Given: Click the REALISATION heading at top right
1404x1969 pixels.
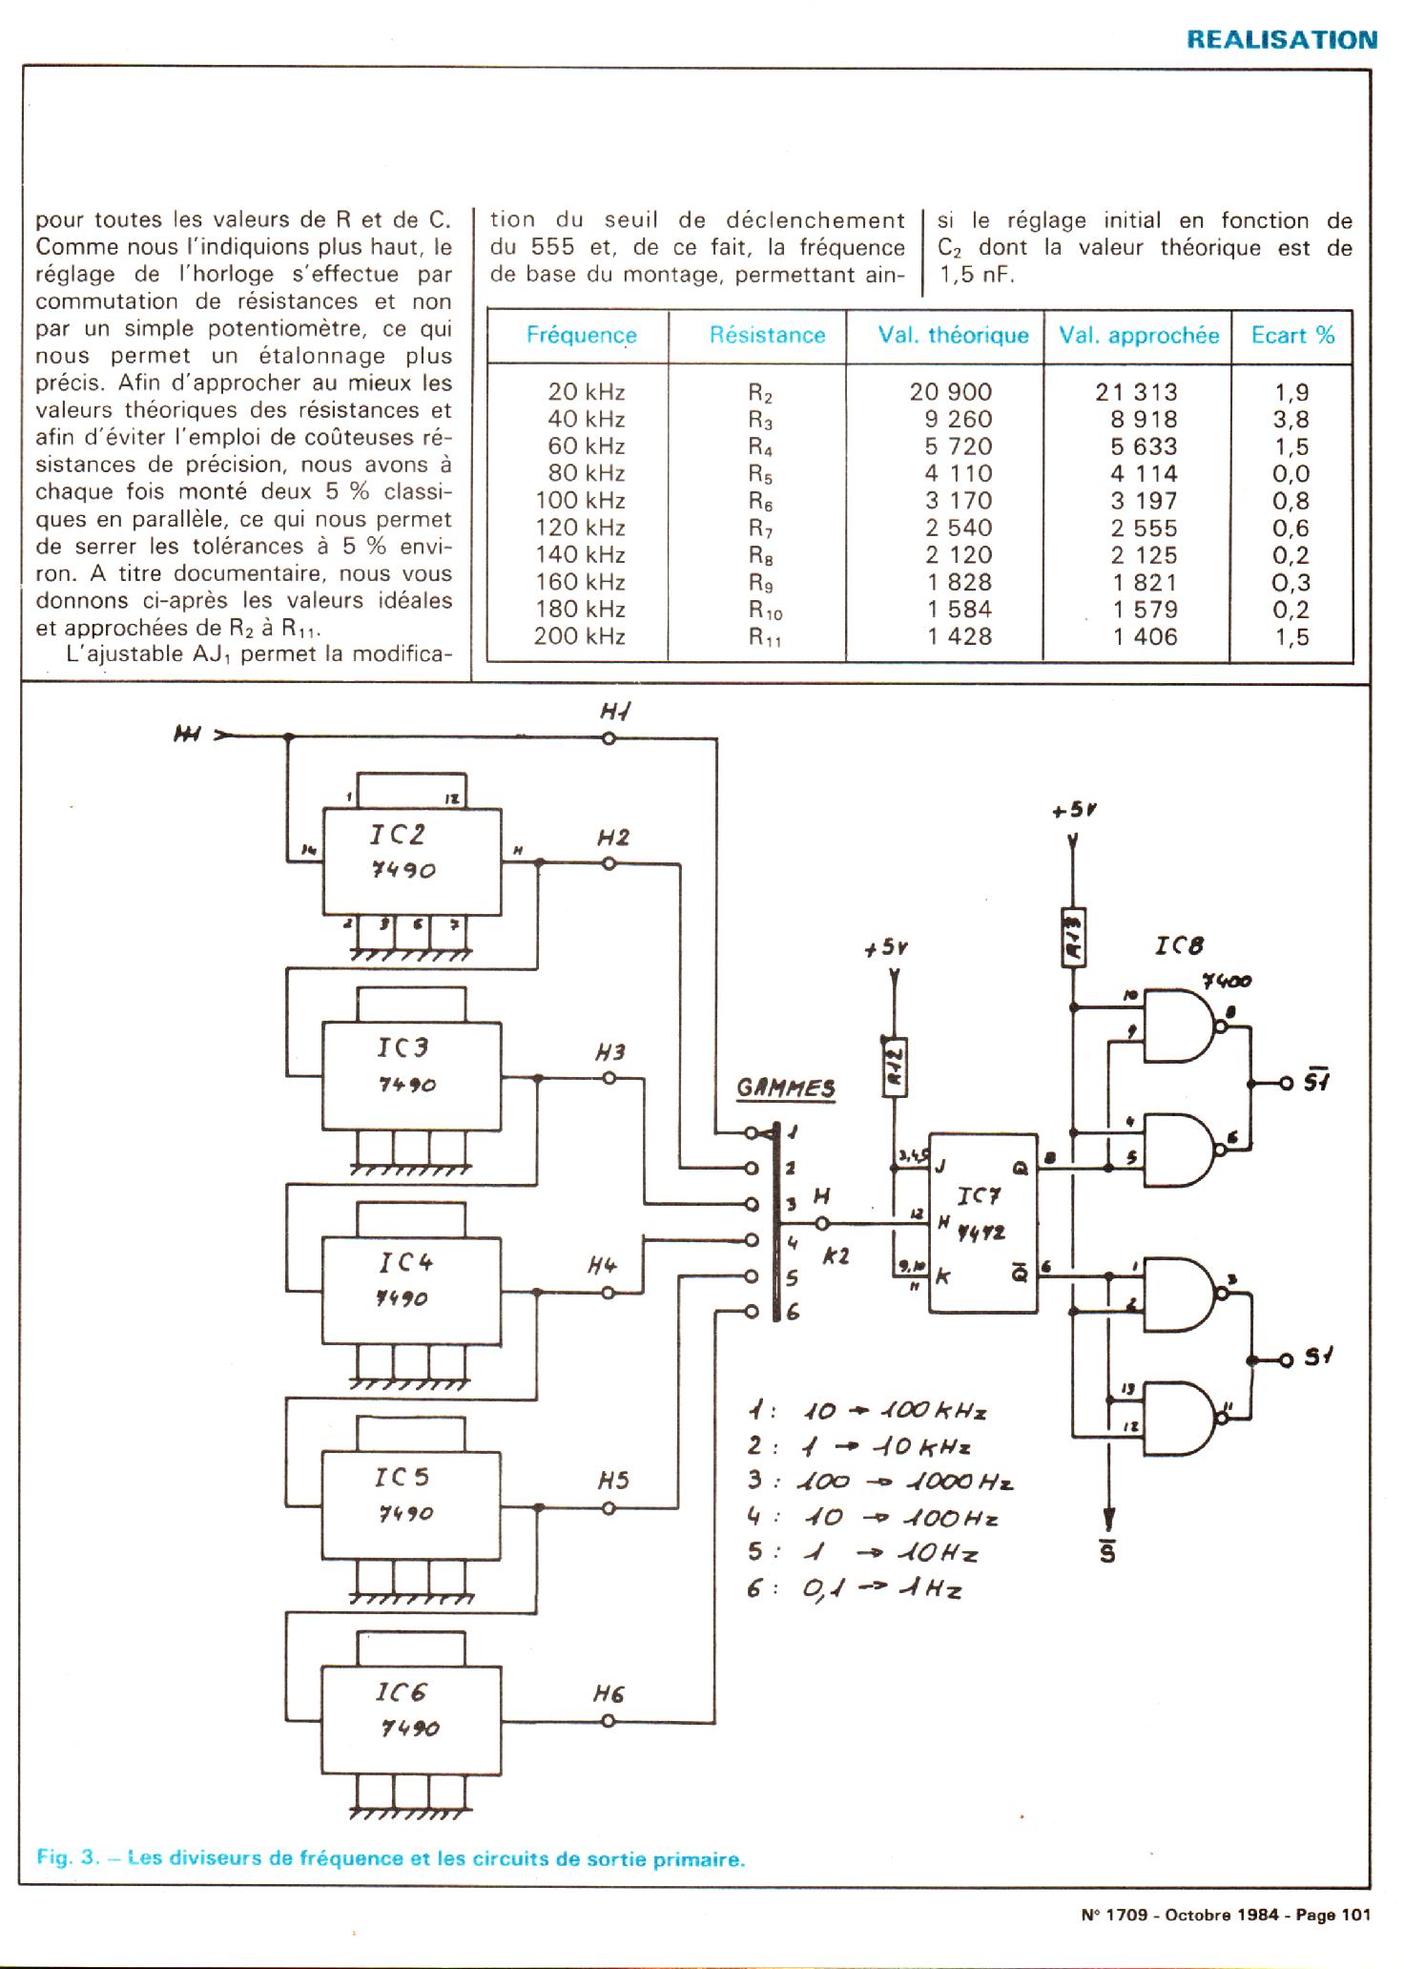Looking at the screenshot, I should point(1281,40).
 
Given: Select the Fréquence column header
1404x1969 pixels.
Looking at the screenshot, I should point(581,336).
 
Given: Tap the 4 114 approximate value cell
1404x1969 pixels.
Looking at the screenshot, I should point(1145,474).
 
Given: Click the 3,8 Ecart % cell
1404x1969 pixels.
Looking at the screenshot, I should point(1291,420).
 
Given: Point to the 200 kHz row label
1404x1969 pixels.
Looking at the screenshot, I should point(579,637).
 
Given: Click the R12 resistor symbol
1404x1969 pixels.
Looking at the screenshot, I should point(895,1066).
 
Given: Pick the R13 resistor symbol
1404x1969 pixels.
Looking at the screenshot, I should point(1074,936).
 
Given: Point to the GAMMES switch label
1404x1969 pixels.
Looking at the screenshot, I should point(786,1089).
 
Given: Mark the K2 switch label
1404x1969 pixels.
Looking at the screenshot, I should point(836,1257).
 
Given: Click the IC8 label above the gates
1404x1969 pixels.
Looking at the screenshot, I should point(1178,946).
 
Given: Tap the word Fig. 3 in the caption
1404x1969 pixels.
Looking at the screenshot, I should point(68,1858).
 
